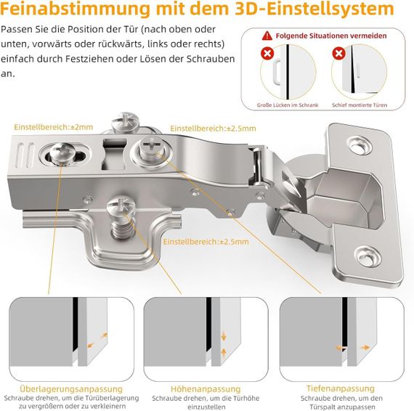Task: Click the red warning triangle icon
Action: pos(267,36)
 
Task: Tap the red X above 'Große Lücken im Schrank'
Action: pos(267,54)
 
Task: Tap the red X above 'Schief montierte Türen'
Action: pos(338,54)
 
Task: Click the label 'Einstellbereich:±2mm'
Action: pos(54,127)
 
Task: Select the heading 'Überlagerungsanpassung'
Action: pos(71,388)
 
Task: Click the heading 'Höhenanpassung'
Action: pos(206,388)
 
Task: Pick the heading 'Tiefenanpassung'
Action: pos(341,388)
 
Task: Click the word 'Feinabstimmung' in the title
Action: pos(75,9)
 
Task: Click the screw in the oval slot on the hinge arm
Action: pos(61,152)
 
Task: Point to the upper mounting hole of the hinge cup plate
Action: pos(360,146)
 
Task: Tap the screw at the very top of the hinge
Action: pos(125,122)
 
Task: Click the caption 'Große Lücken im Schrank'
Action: pos(288,105)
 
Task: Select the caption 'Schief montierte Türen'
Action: pos(360,105)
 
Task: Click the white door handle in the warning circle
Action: pos(277,71)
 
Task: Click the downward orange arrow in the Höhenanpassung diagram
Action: pos(224,336)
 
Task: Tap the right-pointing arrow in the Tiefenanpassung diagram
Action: pos(365,347)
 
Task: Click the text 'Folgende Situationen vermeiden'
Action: pos(331,36)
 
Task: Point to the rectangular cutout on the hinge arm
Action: pos(113,155)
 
